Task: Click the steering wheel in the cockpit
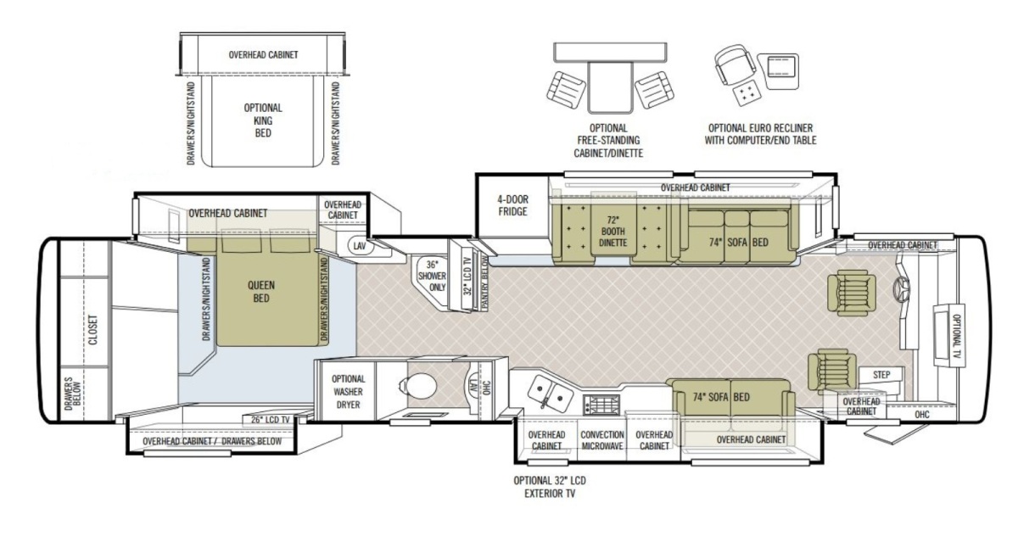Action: [x=901, y=288]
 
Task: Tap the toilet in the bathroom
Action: [x=418, y=386]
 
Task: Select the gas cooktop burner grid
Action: [x=601, y=405]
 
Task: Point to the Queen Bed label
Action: [x=261, y=292]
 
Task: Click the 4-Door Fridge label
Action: [x=512, y=205]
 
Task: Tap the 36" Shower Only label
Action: [x=432, y=276]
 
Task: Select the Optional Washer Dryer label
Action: [x=348, y=392]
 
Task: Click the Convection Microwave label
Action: [x=602, y=440]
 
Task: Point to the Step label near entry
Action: [x=881, y=375]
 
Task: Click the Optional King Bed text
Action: [x=263, y=120]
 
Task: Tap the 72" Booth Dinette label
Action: [x=612, y=232]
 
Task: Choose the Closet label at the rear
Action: [x=92, y=330]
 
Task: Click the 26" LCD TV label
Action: [x=271, y=420]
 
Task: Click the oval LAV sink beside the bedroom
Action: [x=361, y=246]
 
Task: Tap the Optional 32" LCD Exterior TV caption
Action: [x=550, y=487]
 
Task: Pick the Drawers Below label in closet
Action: [x=72, y=394]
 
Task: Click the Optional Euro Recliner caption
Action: [x=760, y=134]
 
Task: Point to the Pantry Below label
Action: [x=484, y=282]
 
